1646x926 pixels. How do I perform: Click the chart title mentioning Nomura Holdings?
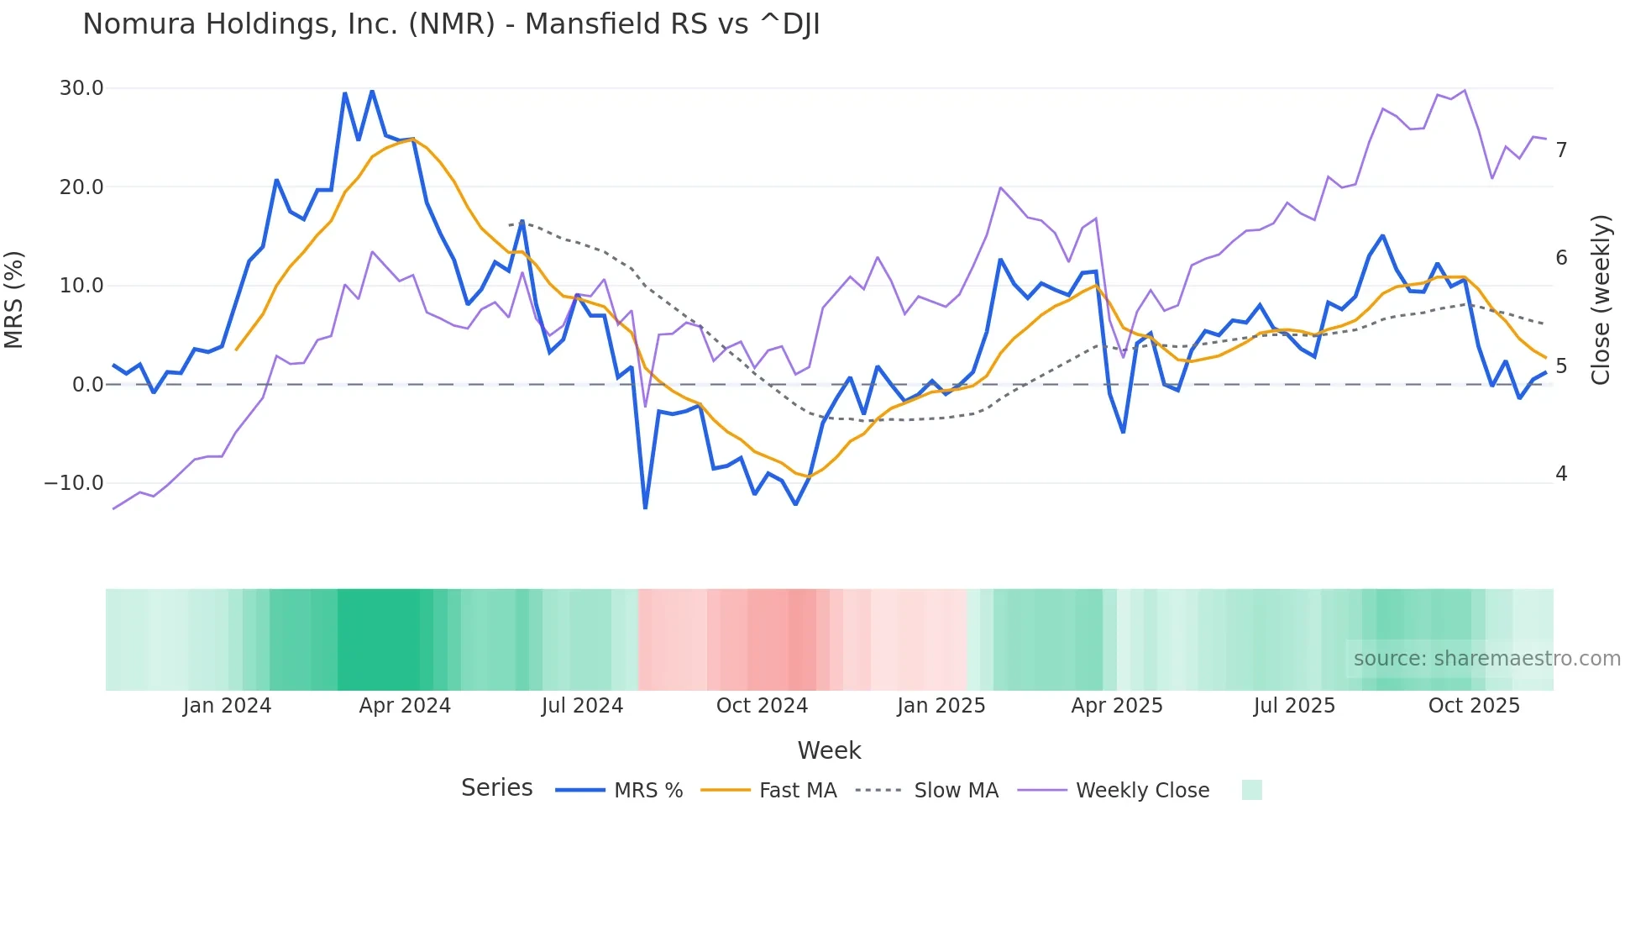point(451,24)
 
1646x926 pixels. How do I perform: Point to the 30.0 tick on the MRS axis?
point(81,88)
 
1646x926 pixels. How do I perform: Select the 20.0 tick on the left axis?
point(81,187)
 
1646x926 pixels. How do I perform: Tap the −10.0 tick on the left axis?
point(74,483)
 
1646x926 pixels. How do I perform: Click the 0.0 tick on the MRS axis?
point(87,385)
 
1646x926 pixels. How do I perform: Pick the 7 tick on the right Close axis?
point(1561,150)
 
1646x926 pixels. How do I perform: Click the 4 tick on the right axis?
point(1561,474)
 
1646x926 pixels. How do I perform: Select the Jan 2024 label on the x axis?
point(227,706)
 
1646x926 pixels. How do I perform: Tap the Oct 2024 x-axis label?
point(762,706)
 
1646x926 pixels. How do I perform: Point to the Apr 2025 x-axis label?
point(1117,706)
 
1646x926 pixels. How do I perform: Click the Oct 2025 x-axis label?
point(1474,706)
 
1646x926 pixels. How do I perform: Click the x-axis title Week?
point(829,750)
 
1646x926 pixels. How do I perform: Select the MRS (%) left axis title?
point(14,300)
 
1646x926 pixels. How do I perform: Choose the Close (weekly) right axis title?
point(1601,300)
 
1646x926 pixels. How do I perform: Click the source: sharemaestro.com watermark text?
point(1486,659)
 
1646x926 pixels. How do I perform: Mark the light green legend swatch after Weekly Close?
point(1251,790)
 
